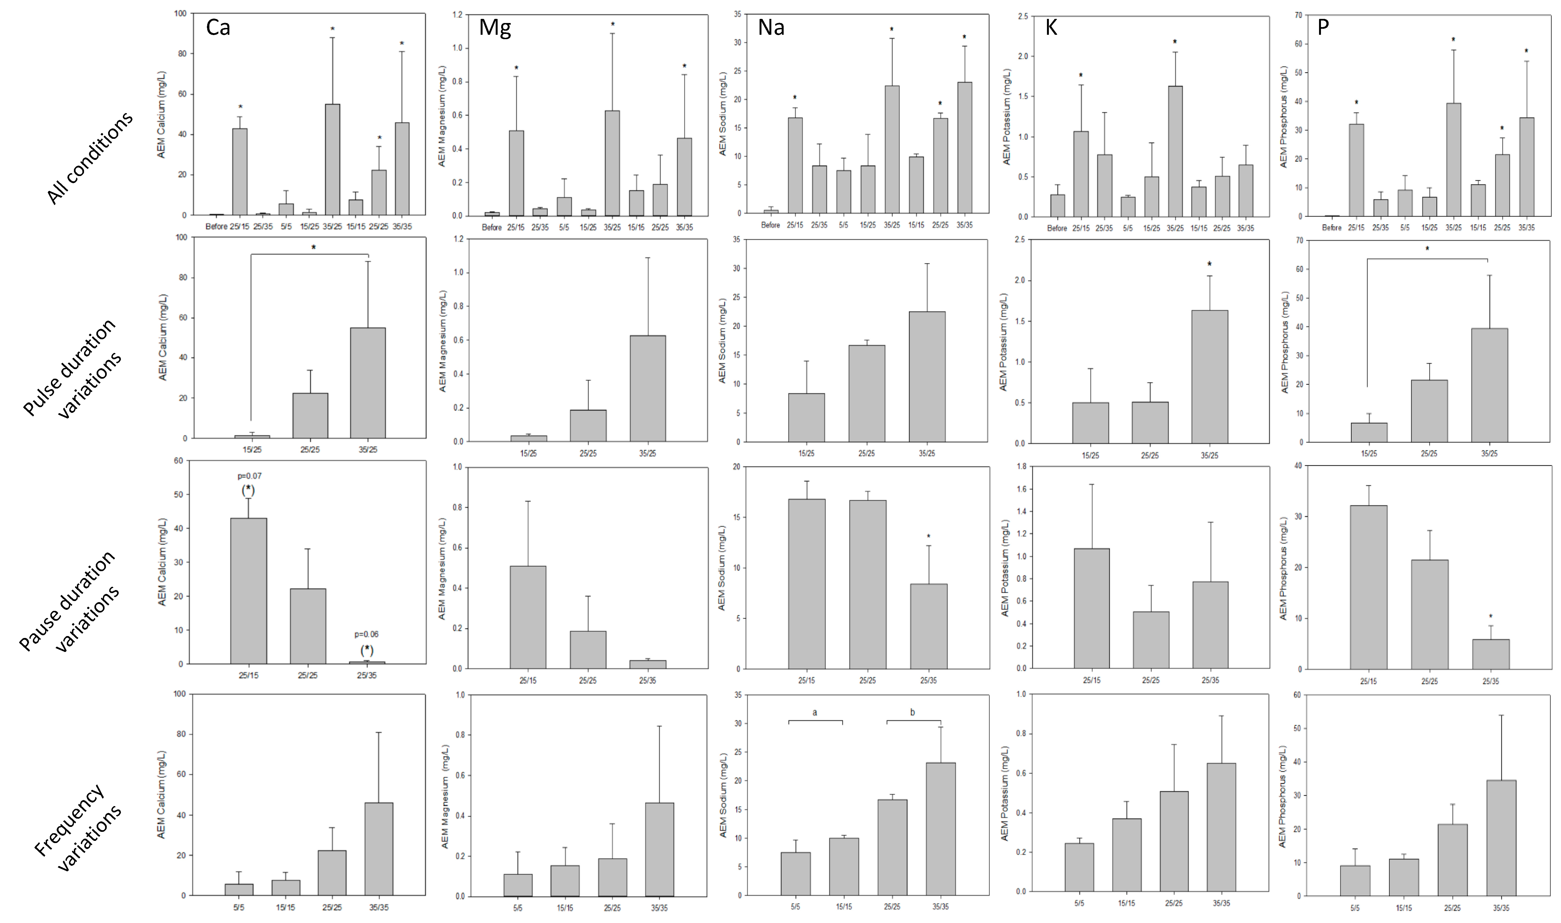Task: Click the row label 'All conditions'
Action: tap(90, 158)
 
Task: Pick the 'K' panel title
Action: tap(1051, 28)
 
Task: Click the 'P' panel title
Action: tap(1323, 28)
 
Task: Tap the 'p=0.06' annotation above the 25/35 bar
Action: tap(366, 634)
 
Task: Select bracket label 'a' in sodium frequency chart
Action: tap(815, 712)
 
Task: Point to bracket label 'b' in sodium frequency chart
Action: tap(913, 712)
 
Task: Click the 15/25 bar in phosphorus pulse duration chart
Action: tap(1369, 432)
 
